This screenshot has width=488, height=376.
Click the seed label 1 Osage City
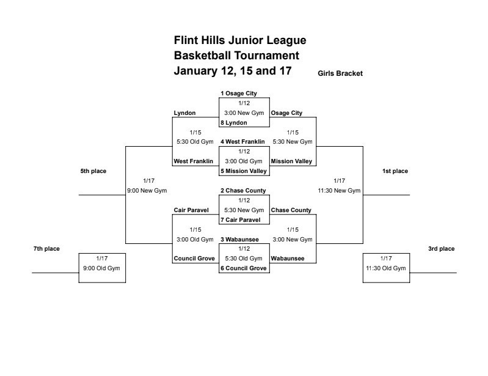click(239, 94)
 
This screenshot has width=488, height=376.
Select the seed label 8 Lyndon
click(234, 123)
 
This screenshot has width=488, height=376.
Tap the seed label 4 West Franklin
click(243, 142)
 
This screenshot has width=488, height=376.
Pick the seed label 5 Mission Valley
click(244, 171)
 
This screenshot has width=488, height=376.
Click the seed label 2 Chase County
click(243, 191)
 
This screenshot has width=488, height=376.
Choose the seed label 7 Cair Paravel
click(241, 220)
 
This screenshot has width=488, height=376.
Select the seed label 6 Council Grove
click(244, 268)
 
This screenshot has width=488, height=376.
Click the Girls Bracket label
click(340, 73)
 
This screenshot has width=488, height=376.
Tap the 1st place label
click(395, 171)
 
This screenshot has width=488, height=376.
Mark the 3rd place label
click(442, 249)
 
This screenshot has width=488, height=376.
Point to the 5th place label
click(93, 171)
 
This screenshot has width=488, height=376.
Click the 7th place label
click(46, 249)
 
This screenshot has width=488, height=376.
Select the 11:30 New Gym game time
click(340, 191)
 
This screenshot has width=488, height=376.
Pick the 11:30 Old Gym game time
click(386, 268)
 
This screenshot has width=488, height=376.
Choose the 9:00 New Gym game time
click(147, 191)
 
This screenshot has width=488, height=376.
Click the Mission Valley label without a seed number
click(291, 161)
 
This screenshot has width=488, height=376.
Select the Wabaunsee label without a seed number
click(288, 259)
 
